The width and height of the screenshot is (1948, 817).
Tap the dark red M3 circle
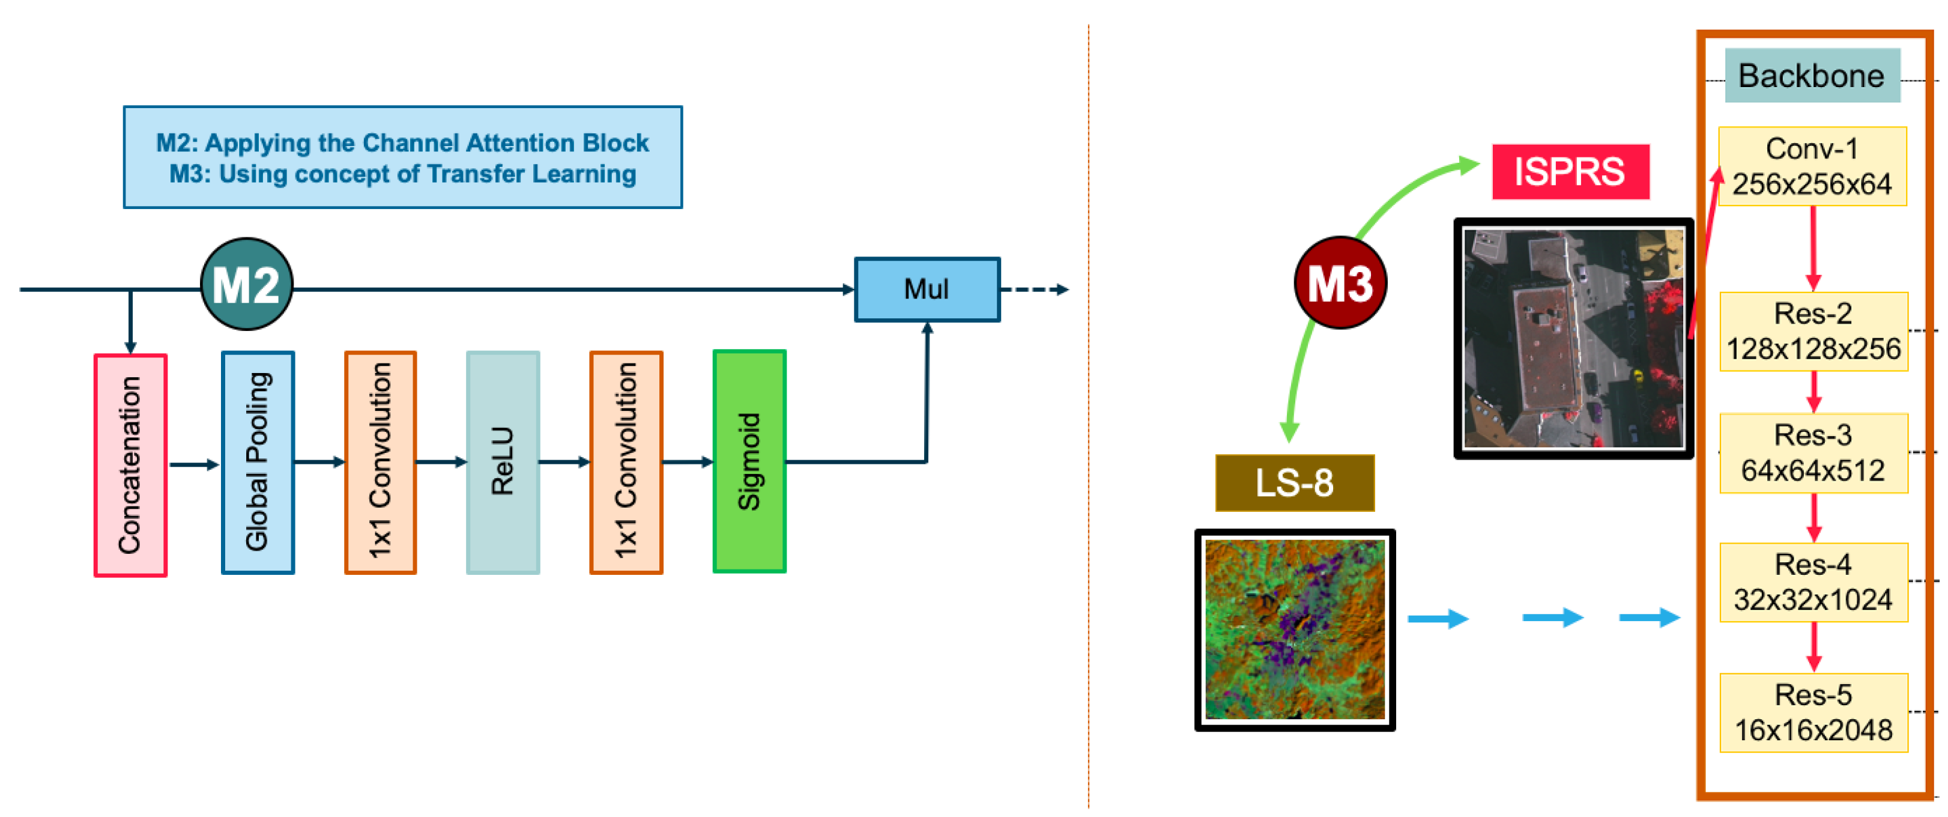coord(1340,282)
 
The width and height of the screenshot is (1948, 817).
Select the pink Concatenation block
coord(130,465)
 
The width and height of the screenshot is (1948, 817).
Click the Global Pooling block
coord(257,462)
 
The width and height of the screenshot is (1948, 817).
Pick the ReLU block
coord(503,462)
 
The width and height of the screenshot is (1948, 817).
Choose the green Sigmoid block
coord(749,461)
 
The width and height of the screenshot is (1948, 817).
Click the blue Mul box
coord(927,289)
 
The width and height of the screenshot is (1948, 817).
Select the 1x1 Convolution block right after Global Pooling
coord(380,462)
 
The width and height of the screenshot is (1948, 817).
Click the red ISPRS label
coord(1570,172)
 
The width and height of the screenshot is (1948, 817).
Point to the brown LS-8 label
coord(1294,482)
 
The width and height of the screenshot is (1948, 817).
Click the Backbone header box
coord(1812,76)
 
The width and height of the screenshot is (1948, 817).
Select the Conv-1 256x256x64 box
coord(1812,166)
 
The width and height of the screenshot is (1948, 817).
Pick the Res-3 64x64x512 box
coord(1813,453)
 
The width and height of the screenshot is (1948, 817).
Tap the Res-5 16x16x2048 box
coord(1813,712)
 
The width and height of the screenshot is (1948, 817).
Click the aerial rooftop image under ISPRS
coord(1573,338)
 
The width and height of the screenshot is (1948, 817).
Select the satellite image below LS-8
coord(1294,630)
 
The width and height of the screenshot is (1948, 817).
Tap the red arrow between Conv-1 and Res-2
coord(1813,248)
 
